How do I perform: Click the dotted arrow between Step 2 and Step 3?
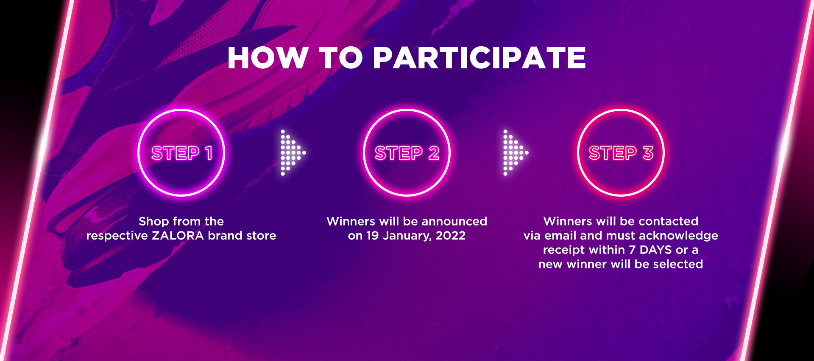pyautogui.click(x=516, y=152)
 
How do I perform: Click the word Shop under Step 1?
pyautogui.click(x=154, y=221)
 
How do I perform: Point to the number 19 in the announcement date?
pyautogui.click(x=373, y=235)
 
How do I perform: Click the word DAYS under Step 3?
pyautogui.click(x=656, y=250)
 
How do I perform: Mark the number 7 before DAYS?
pyautogui.click(x=632, y=250)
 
